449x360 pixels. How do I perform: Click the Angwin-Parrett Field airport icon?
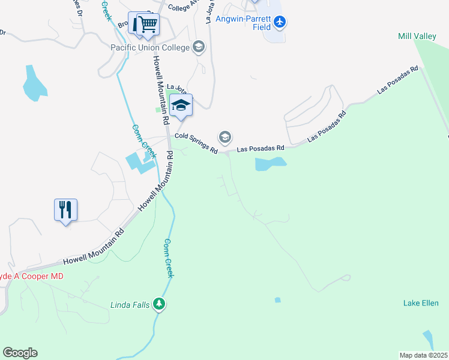click(x=280, y=22)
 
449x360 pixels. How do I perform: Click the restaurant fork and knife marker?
click(x=65, y=209)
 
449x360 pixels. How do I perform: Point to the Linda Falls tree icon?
click(x=159, y=304)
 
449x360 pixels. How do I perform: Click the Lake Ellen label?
click(x=420, y=303)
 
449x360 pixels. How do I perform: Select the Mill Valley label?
click(x=417, y=37)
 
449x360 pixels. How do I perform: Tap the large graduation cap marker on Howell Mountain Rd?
click(x=181, y=105)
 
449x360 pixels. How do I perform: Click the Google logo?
click(x=20, y=353)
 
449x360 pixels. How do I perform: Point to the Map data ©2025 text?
click(x=423, y=355)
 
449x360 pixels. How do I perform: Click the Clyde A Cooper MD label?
click(x=30, y=276)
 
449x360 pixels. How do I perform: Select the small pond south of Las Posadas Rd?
click(x=270, y=163)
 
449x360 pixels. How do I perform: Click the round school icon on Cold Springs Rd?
click(x=225, y=137)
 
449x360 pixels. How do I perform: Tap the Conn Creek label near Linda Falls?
click(x=169, y=258)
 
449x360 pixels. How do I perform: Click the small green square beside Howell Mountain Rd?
click(x=158, y=109)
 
